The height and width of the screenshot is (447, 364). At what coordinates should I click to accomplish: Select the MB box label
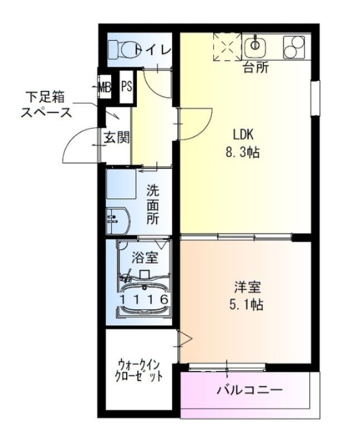point(104,87)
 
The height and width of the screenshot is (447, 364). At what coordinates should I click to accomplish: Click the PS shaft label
point(127,87)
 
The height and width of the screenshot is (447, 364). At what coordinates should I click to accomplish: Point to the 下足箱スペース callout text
point(47,104)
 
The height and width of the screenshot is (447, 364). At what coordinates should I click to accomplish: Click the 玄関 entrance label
point(116,137)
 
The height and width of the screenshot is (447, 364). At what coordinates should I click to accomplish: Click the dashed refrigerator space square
point(226,47)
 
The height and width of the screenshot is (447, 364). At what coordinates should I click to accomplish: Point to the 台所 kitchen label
point(256,68)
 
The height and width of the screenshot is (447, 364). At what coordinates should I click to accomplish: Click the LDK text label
point(243,135)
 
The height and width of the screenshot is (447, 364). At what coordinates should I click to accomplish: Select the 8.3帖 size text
point(243,152)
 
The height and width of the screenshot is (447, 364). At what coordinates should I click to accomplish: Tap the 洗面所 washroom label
point(153,204)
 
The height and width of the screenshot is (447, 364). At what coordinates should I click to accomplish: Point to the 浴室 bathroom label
point(145,258)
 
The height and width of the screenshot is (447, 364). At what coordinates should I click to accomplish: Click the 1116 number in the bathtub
point(144,299)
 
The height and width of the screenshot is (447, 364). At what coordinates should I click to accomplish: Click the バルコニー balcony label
point(250,390)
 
